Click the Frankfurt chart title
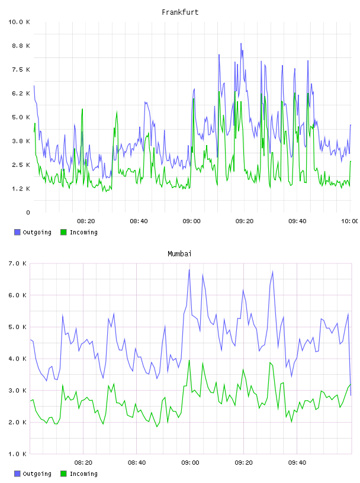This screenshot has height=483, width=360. [180, 12]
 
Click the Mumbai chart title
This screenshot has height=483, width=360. [179, 254]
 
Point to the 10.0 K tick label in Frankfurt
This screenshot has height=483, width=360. [19, 22]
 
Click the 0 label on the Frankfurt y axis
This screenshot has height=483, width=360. [28, 212]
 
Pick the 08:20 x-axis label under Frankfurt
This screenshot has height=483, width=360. [86, 221]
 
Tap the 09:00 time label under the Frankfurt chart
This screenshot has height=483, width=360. [191, 221]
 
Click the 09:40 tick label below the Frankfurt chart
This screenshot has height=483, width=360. [297, 221]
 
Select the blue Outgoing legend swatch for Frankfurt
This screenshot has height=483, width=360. [17, 232]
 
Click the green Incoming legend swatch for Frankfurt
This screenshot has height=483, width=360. [63, 232]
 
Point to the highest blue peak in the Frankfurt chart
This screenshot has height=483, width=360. [241, 43]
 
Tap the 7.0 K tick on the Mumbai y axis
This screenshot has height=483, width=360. [17, 263]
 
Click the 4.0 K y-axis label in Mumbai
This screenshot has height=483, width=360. [17, 359]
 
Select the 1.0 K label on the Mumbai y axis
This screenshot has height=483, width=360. [17, 454]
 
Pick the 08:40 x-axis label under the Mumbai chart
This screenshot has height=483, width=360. [137, 463]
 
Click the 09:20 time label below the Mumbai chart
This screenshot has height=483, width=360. [243, 463]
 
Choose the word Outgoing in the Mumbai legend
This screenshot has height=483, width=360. [37, 474]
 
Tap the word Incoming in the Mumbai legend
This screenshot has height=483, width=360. [83, 474]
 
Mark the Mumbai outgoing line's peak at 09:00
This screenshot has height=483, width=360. [189, 269]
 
